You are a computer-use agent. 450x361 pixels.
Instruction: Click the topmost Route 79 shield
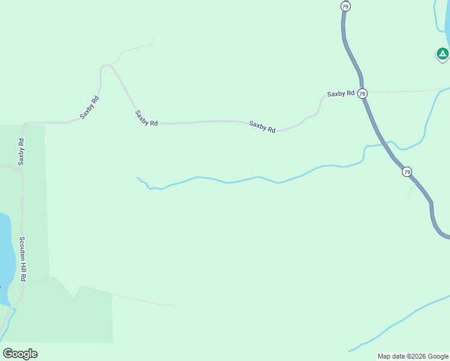pyautogui.click(x=345, y=6)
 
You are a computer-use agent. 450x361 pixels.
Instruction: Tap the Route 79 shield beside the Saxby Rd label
pyautogui.click(x=362, y=94)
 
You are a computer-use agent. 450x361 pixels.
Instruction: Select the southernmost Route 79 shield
pyautogui.click(x=407, y=172)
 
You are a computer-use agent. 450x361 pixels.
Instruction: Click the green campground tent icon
pyautogui.click(x=443, y=54)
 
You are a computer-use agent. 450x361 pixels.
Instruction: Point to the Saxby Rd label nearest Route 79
pyautogui.click(x=341, y=94)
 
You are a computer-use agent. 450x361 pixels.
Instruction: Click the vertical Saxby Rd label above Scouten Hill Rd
pyautogui.click(x=21, y=152)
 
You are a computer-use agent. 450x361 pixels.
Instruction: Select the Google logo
pyautogui.click(x=20, y=354)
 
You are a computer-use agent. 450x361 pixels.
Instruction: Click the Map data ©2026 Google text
pyautogui.click(x=413, y=356)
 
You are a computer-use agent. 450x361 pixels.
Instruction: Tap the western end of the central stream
pyautogui.click(x=138, y=177)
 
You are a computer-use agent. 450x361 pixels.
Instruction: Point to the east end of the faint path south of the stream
pyautogui.click(x=173, y=305)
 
